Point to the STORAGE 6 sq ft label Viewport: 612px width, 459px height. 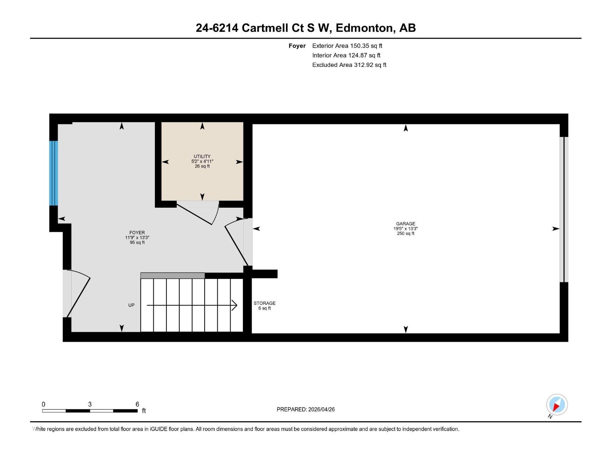(264, 305)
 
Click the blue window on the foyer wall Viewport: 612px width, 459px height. (54, 173)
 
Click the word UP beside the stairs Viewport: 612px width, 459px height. (131, 305)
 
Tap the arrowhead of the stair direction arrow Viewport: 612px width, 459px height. (234, 305)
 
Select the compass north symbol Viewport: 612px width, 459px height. (557, 405)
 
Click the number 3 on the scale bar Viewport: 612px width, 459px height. (90, 404)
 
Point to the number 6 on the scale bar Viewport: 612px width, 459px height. (137, 404)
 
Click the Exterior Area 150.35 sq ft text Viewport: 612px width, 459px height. (347, 46)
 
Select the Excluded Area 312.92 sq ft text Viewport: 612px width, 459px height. (349, 65)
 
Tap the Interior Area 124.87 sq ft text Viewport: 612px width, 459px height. (346, 55)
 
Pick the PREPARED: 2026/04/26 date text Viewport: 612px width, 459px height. (306, 409)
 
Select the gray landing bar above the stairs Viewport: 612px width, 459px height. (173, 275)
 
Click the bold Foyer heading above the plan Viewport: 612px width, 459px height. (297, 46)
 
